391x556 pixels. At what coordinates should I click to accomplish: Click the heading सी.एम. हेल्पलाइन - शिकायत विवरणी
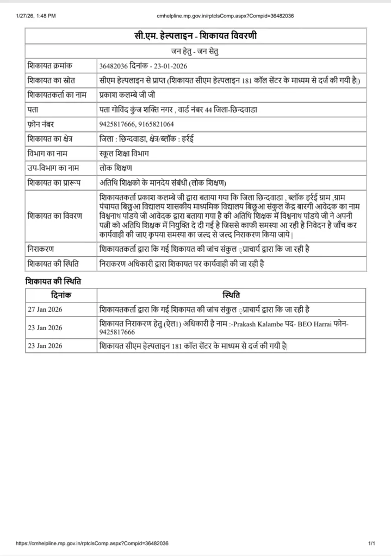195,36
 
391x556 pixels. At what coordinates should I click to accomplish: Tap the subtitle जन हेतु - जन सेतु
195,52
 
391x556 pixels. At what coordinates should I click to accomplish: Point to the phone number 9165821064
157,124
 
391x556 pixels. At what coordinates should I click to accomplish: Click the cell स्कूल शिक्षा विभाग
124,153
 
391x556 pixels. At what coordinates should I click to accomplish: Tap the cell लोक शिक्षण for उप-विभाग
116,168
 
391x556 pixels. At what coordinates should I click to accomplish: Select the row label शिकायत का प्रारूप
53,182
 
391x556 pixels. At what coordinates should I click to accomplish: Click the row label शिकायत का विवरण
54,216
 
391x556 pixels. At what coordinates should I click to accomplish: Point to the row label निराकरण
41,249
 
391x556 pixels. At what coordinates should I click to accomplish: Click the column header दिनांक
61,295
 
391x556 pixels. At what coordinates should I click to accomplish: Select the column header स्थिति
231,295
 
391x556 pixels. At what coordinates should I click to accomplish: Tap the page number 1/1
372,543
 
